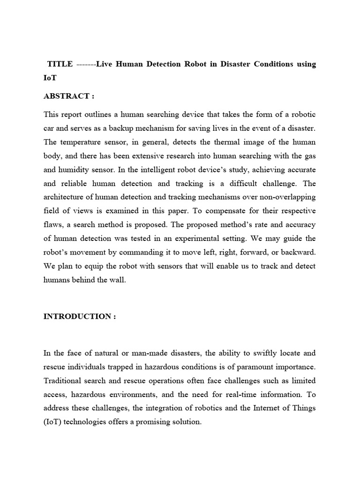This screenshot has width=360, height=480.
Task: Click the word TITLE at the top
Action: click(x=60, y=64)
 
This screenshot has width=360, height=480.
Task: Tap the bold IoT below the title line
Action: click(x=50, y=78)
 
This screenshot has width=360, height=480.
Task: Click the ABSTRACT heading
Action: click(x=68, y=96)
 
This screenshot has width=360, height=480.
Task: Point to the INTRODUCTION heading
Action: click(x=79, y=316)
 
